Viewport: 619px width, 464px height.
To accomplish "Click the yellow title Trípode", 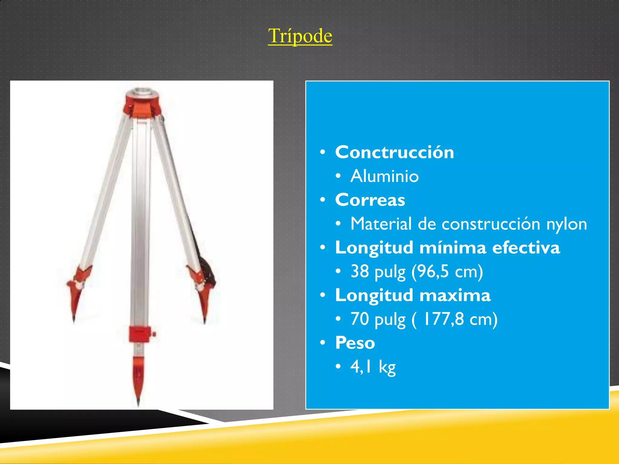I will tap(300, 36).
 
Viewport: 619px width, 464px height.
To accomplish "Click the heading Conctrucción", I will tap(394, 152).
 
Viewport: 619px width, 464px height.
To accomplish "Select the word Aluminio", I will tap(384, 176).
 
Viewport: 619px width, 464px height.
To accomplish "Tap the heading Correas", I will tap(370, 200).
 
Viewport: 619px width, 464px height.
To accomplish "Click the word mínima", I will tap(453, 248).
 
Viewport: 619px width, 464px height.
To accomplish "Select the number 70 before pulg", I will tap(360, 319).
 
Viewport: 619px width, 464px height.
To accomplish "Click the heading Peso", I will tap(355, 343).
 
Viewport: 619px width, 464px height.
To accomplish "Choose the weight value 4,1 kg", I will tap(373, 367).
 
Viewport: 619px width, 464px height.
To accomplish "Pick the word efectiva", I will tap(526, 248).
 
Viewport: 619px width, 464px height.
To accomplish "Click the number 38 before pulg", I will tap(360, 271).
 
